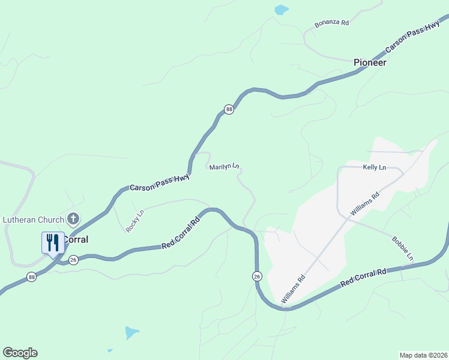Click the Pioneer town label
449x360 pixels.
369,62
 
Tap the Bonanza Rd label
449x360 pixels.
332,24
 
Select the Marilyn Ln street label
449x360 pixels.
224,167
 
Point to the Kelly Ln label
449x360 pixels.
375,167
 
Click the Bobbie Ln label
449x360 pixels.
403,248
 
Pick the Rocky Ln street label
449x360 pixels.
135,221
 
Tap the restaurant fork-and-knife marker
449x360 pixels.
52,243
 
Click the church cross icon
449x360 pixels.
73,219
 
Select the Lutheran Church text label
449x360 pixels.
33,220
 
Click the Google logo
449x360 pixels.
20,353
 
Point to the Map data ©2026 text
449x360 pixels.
423,355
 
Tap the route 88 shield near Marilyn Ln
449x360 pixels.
229,109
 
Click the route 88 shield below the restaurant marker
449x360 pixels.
31,277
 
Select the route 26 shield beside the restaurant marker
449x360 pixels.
73,259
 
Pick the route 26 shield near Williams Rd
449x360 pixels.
256,275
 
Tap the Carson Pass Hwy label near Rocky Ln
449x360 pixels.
160,182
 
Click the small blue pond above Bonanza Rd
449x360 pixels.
280,10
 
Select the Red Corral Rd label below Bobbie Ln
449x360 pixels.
363,277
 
